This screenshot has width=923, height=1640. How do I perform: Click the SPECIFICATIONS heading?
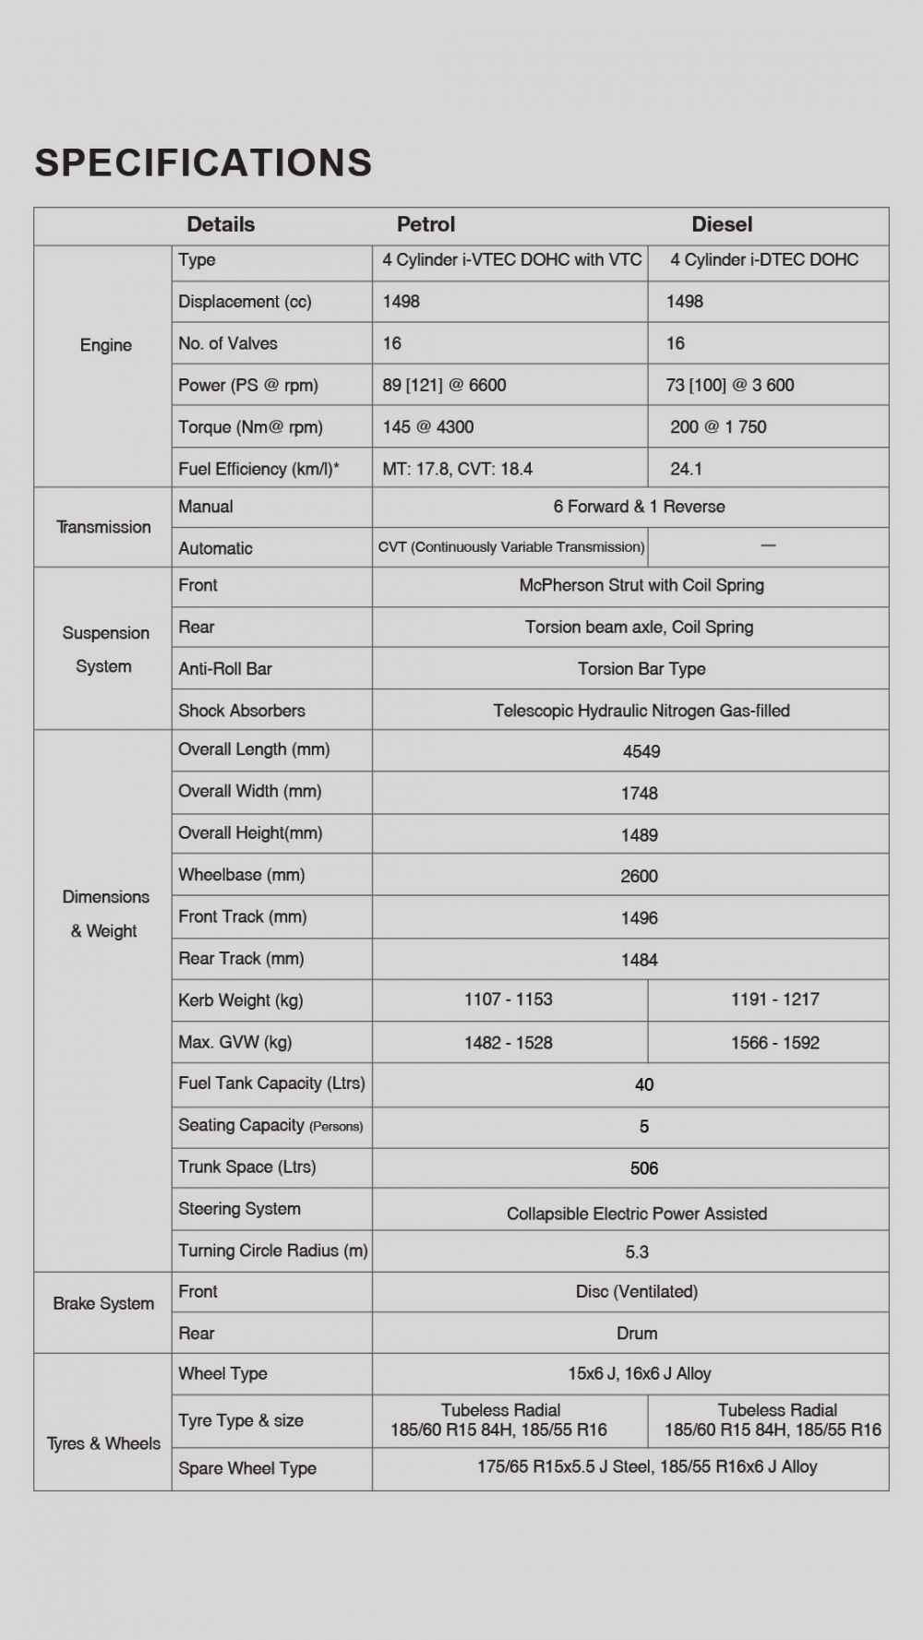tap(203, 163)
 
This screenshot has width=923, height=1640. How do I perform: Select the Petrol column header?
tap(426, 224)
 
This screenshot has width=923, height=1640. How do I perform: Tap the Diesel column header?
tap(722, 224)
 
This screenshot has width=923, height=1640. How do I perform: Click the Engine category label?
tap(106, 345)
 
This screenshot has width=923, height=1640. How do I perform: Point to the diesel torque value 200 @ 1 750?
tap(718, 427)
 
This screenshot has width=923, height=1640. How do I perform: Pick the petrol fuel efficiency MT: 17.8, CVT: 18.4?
tap(457, 469)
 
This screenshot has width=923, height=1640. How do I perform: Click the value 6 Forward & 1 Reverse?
tap(639, 507)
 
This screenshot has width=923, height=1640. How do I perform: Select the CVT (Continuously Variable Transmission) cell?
tap(511, 547)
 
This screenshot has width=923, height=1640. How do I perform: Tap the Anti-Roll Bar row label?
tap(225, 669)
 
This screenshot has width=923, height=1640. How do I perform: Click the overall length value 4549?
tap(641, 751)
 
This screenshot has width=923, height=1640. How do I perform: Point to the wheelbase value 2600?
tap(639, 876)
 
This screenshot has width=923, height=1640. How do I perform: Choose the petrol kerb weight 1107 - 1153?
tap(509, 1000)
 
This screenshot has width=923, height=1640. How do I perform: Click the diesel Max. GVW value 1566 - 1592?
tap(775, 1043)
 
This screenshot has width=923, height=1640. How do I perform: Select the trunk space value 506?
tap(644, 1168)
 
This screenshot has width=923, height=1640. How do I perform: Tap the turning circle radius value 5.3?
tap(637, 1252)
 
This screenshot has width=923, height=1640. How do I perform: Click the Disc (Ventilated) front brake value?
tap(637, 1292)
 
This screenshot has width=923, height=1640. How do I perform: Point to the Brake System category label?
tap(103, 1304)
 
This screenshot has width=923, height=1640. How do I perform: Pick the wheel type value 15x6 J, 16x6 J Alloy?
tap(640, 1374)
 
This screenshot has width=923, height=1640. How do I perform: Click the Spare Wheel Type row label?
tap(247, 1468)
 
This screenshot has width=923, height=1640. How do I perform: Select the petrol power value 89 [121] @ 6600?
tap(444, 386)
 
